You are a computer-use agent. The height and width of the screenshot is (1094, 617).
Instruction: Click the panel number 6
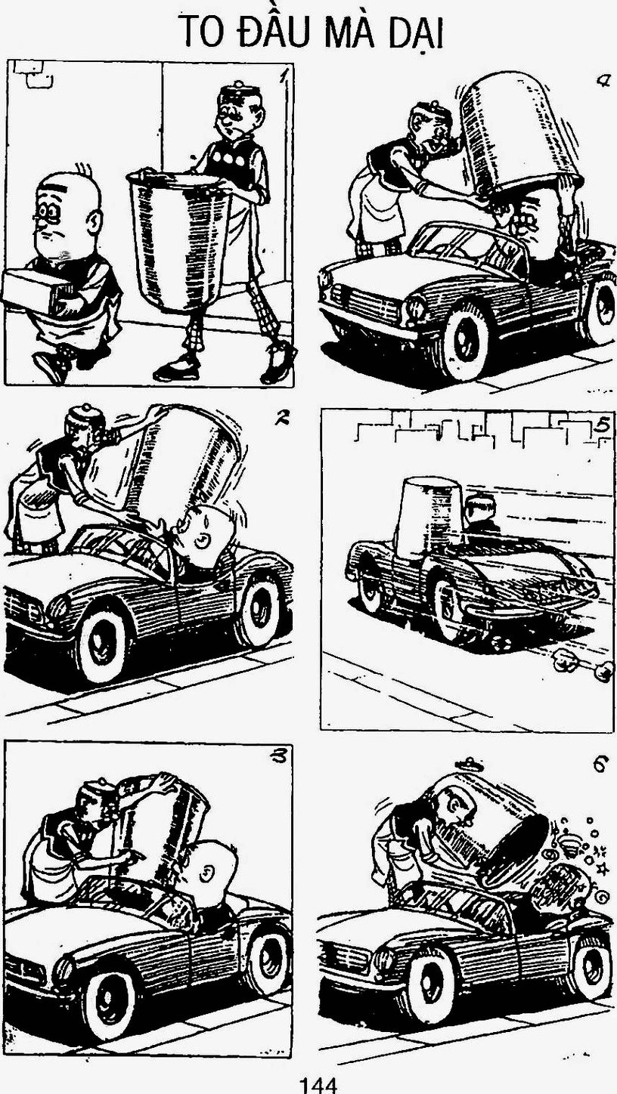(600, 765)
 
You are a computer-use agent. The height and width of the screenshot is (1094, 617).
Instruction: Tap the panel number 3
(279, 757)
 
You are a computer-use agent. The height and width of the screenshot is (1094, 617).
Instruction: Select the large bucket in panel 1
(180, 242)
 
